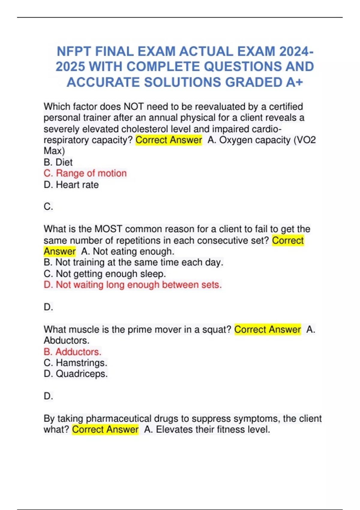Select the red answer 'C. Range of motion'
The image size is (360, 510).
[x=85, y=173]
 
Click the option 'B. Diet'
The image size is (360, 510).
[x=58, y=162]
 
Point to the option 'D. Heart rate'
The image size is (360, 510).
[x=71, y=185]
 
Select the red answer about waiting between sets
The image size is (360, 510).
[x=133, y=285]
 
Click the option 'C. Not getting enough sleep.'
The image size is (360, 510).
[x=105, y=274]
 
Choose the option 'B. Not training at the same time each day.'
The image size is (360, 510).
[x=133, y=262]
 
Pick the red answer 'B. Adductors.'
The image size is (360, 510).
[x=73, y=352]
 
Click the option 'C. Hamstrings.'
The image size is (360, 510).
[x=75, y=363]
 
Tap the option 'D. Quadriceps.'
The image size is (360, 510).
[x=76, y=374]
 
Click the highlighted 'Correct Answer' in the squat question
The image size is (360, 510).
[x=267, y=330]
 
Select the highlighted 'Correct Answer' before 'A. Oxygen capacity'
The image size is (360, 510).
[x=169, y=140]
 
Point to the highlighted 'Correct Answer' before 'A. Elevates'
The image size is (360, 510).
[x=105, y=430]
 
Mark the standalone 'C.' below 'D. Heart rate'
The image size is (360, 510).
[x=48, y=207]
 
